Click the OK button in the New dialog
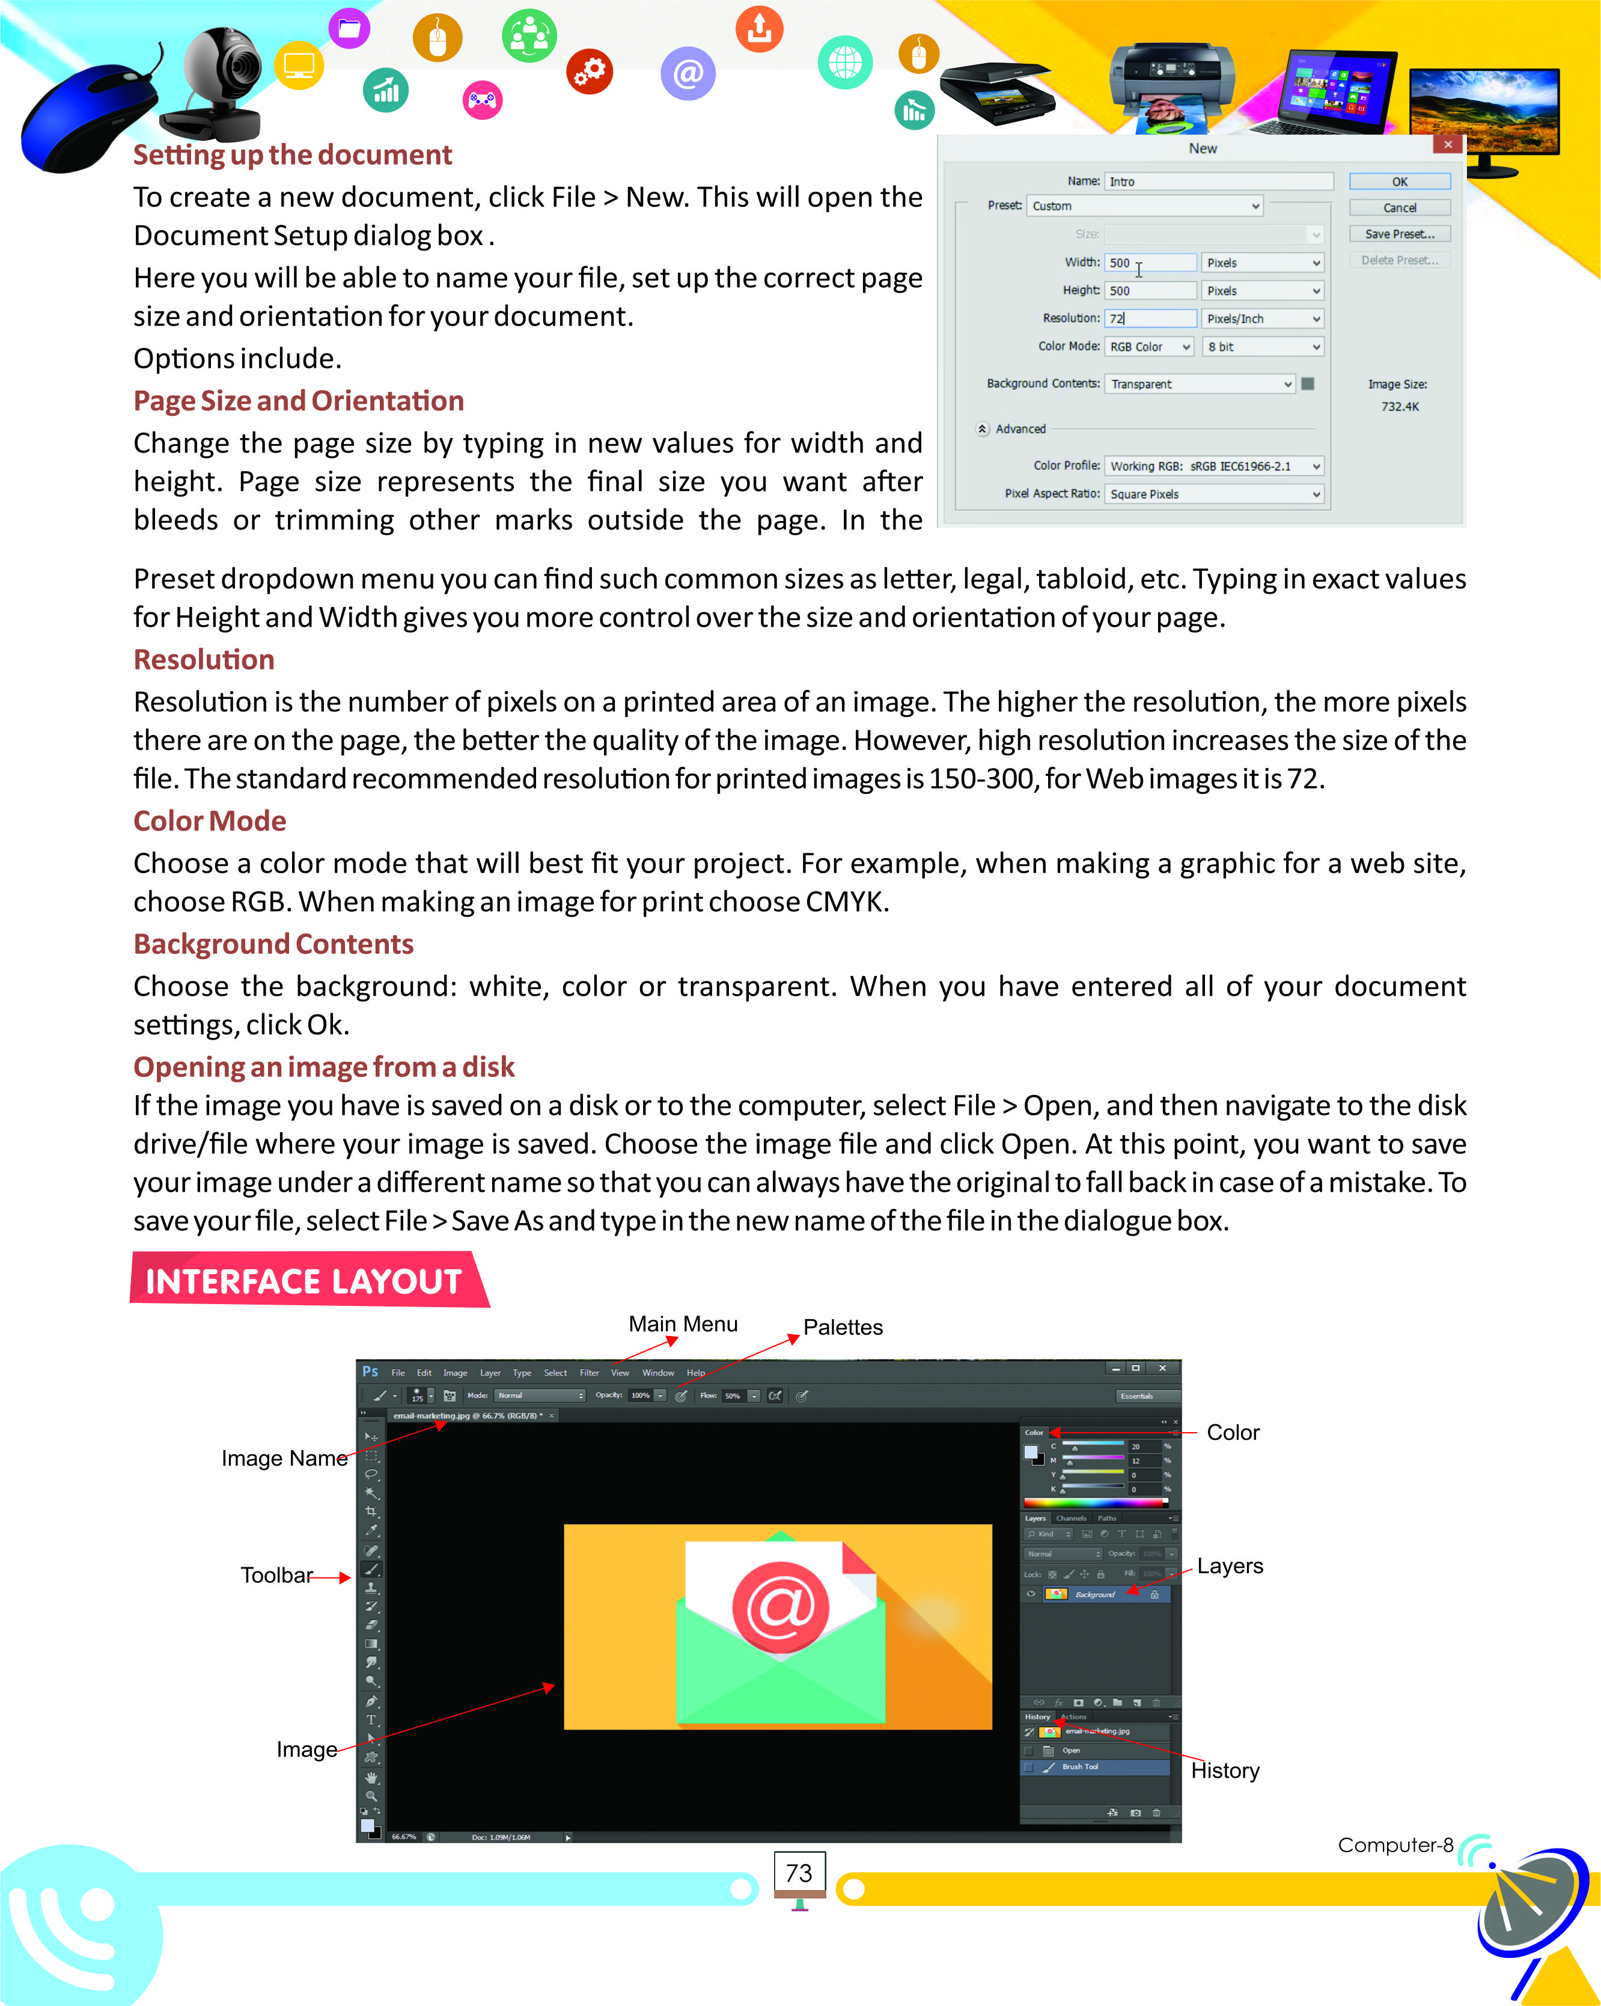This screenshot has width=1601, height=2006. pos(1398,181)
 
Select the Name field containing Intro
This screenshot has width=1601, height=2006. pos(1219,181)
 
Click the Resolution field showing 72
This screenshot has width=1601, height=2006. pos(1150,318)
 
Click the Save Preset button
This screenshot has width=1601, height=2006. pos(1398,234)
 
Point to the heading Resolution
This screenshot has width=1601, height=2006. pos(204,659)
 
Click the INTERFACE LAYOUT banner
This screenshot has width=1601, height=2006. pos(304,1281)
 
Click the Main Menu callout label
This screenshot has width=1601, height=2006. pos(683,1323)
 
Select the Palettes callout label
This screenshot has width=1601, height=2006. pos(843,1327)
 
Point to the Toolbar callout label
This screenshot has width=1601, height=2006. pos(276,1575)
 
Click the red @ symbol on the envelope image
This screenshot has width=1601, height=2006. pos(779,1606)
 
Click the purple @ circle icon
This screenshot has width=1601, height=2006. pos(688,73)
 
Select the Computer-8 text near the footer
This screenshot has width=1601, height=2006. pos(1394,1844)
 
